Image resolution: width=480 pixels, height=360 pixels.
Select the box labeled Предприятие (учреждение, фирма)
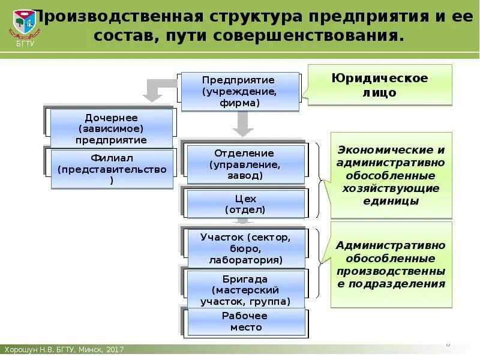[x=239, y=91]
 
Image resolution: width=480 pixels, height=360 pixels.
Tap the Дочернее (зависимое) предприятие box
[x=112, y=128]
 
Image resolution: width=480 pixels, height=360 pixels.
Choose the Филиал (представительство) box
[x=112, y=169]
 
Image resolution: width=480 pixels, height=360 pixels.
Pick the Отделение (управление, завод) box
[x=245, y=164]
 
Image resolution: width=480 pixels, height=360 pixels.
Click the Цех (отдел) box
[x=245, y=204]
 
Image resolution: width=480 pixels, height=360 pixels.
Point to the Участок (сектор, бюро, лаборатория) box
[x=245, y=248]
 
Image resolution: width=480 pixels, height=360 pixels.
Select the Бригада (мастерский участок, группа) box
[x=247, y=290]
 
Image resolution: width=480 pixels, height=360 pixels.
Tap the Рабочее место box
[x=247, y=322]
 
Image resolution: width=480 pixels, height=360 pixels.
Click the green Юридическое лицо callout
[x=380, y=85]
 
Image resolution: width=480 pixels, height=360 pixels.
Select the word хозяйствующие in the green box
[x=391, y=188]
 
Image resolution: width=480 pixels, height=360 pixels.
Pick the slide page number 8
[x=448, y=345]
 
